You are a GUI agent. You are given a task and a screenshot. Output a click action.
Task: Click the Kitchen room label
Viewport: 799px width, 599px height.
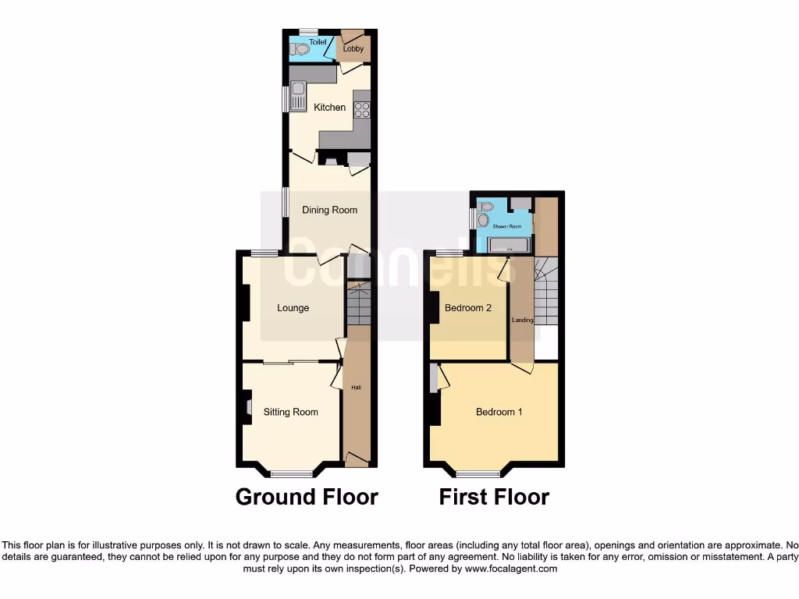pyautogui.click(x=329, y=107)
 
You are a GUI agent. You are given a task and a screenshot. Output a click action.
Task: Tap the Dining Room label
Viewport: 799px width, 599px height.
pyautogui.click(x=329, y=210)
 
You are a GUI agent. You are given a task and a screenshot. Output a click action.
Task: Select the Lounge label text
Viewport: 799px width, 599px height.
pyautogui.click(x=293, y=308)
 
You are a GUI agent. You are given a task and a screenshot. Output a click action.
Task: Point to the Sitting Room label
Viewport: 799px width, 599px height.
pyautogui.click(x=290, y=412)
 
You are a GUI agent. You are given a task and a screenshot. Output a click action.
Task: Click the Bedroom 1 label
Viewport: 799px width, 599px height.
pyautogui.click(x=499, y=412)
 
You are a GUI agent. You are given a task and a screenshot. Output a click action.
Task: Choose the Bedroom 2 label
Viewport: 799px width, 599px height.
pyautogui.click(x=467, y=308)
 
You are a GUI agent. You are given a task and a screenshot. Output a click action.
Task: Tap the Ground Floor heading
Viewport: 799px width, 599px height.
pyautogui.click(x=307, y=497)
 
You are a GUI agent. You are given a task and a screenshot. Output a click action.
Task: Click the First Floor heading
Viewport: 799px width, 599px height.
pyautogui.click(x=494, y=497)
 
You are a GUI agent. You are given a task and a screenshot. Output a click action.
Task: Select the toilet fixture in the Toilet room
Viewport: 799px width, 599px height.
pyautogui.click(x=300, y=49)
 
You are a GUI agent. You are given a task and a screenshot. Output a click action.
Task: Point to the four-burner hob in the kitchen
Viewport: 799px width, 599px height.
pyautogui.click(x=361, y=108)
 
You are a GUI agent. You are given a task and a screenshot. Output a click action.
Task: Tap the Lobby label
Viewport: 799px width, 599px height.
pyautogui.click(x=353, y=49)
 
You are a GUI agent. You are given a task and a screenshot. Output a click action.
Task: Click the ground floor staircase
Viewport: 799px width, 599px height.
pyautogui.click(x=358, y=304)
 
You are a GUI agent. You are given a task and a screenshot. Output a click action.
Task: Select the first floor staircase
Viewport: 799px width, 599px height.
pyautogui.click(x=546, y=292)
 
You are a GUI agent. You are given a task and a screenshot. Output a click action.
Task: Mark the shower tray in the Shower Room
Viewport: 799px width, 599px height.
pyautogui.click(x=508, y=246)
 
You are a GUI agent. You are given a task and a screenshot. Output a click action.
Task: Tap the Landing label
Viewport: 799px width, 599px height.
pyautogui.click(x=522, y=320)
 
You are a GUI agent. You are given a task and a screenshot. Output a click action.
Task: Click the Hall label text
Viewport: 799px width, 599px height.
pyautogui.click(x=357, y=388)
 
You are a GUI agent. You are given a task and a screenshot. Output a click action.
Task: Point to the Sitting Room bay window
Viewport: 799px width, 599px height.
pyautogui.click(x=291, y=473)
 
